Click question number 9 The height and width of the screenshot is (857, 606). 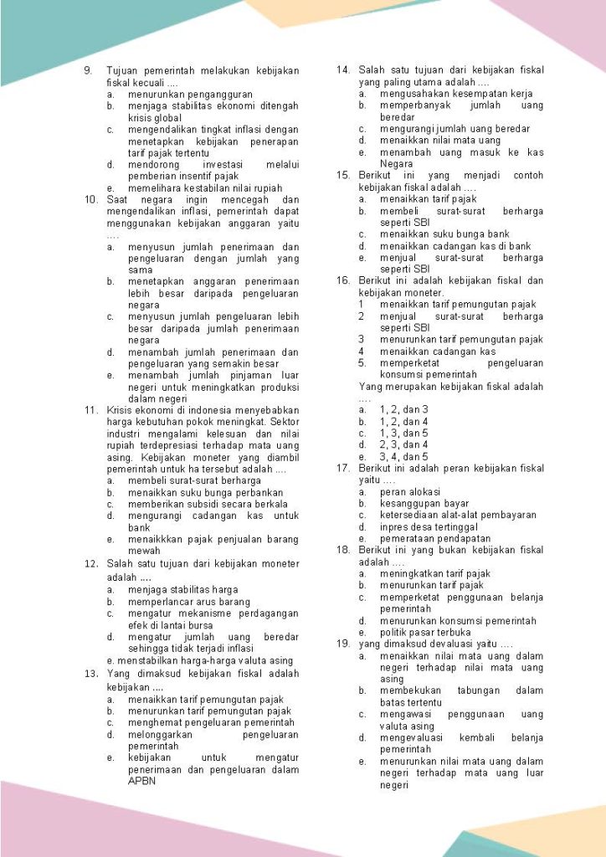coord(88,71)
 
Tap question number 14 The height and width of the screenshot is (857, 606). coord(342,70)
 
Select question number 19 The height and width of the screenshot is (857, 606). coord(342,644)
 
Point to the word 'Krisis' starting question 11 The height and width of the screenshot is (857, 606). coord(121,410)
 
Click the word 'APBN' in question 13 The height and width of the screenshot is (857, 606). coord(141,781)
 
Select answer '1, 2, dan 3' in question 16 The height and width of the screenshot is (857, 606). coord(403,409)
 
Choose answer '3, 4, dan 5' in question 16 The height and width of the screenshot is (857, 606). coord(403,456)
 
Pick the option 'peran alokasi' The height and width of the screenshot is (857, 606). coord(409,492)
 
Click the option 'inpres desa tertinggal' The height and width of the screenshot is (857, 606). coord(429,527)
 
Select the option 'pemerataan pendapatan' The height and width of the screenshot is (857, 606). coord(435,539)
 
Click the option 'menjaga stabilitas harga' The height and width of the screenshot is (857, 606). coord(182,589)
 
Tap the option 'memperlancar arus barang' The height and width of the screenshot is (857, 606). coord(188,601)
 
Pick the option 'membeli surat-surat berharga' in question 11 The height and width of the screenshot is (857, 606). coord(194,481)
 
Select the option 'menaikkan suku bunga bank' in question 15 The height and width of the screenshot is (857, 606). coord(444,234)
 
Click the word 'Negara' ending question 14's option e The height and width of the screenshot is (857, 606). coord(396,164)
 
